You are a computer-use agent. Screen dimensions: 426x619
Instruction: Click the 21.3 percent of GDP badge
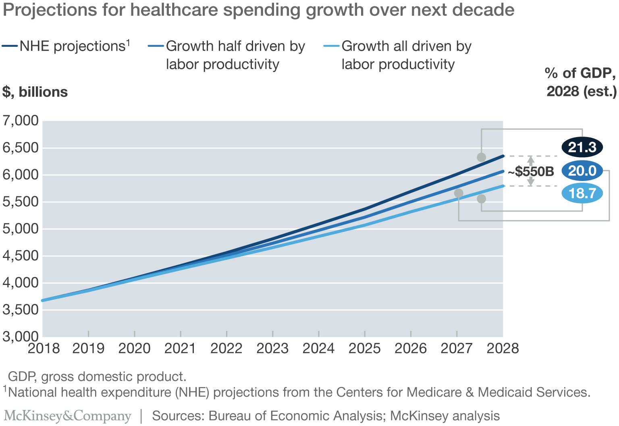pos(582,148)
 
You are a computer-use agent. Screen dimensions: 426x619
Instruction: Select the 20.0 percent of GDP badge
pos(582,171)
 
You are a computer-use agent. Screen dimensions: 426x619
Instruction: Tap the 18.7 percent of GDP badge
pos(582,193)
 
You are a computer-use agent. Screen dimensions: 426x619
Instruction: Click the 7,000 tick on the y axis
pos(21,121)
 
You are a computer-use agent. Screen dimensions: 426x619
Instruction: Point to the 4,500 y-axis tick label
pos(21,256)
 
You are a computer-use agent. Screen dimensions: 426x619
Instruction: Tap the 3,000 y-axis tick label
pos(21,337)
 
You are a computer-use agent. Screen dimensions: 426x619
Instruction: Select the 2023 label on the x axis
pos(272,349)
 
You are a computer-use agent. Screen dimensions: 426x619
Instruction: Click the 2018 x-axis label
pos(44,349)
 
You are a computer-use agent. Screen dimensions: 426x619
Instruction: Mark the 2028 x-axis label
pos(503,349)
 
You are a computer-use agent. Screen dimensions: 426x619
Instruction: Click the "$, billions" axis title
pos(35,92)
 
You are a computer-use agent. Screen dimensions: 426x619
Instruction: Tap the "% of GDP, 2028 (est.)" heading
pos(581,82)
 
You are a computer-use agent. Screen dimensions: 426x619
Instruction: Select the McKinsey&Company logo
pos(68,416)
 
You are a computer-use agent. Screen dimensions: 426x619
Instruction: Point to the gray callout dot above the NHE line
pos(481,157)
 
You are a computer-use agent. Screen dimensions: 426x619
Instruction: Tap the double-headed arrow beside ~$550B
pos(531,171)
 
